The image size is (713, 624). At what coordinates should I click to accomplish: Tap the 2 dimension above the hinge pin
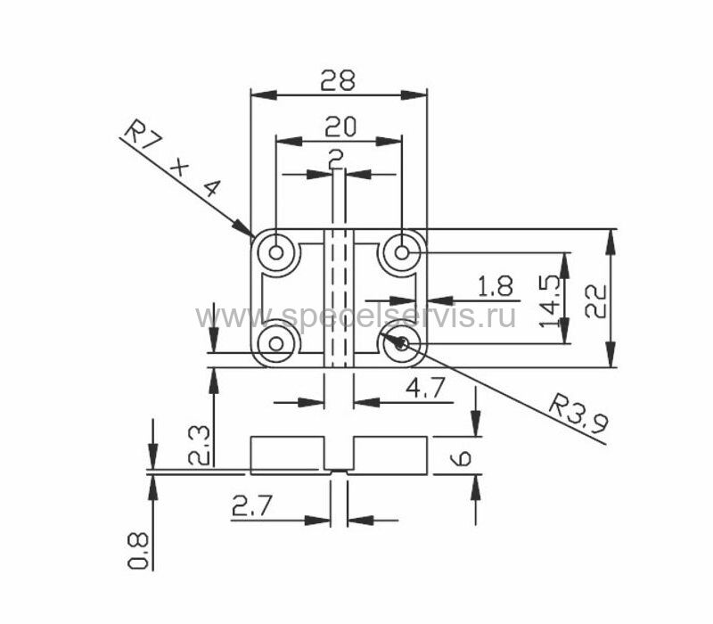pos(336,159)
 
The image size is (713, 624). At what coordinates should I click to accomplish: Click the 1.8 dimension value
pos(495,287)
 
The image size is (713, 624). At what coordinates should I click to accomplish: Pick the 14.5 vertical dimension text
pos(549,299)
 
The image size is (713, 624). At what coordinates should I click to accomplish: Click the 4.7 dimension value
pos(426,388)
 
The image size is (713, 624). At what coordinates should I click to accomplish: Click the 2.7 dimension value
pos(252,507)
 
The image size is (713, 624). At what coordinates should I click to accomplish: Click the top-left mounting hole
pos(276,252)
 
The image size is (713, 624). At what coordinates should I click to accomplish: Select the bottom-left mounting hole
pos(276,343)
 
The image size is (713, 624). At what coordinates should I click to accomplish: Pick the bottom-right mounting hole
pos(403,343)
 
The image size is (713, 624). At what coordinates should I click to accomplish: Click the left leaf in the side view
pos(285,455)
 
